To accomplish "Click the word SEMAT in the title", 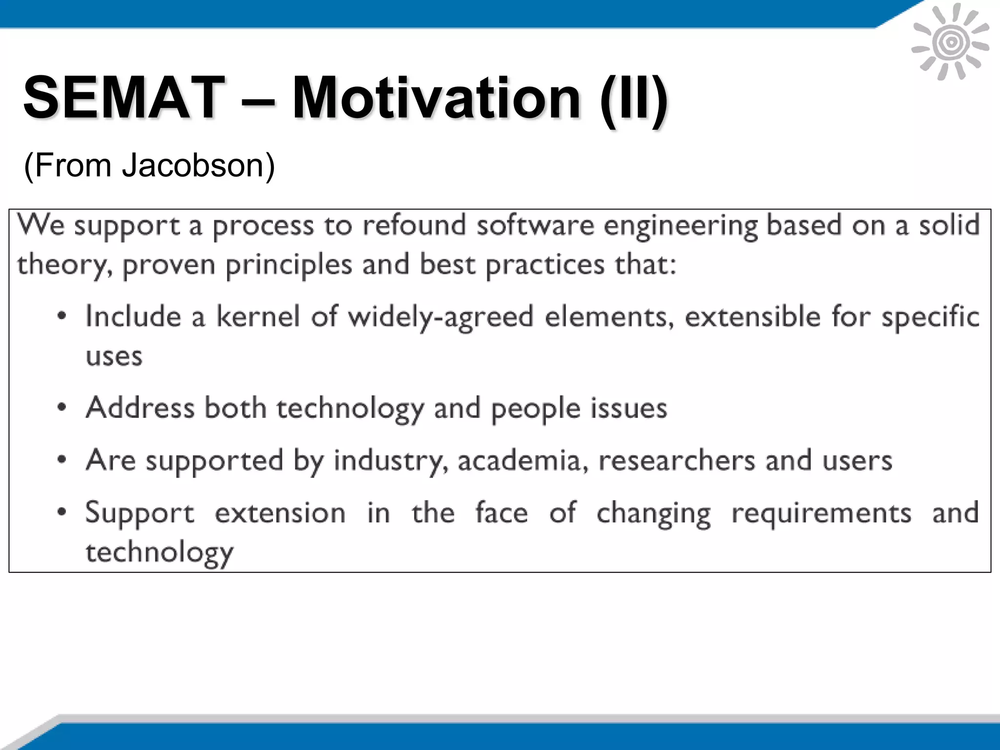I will [123, 98].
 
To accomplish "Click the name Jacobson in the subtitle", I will [198, 166].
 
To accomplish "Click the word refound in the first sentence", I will [414, 226].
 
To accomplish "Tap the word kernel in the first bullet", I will [258, 316].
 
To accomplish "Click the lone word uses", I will [114, 356].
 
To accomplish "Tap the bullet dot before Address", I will [62, 408].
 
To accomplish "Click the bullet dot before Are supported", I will [62, 460].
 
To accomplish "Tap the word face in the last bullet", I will [501, 513].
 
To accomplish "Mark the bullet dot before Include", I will [62, 316].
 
